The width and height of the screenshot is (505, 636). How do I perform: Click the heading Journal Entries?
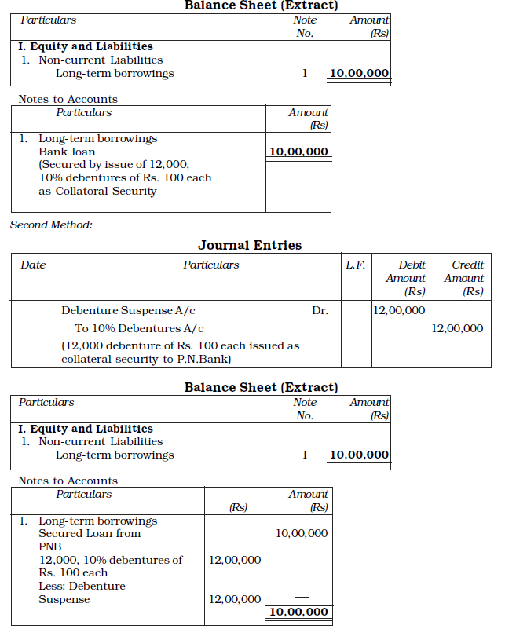(x=250, y=245)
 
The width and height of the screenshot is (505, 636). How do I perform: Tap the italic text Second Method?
(x=51, y=225)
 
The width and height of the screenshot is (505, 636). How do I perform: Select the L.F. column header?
(x=355, y=265)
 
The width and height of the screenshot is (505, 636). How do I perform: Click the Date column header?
(x=33, y=265)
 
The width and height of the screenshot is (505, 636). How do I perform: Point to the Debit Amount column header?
(x=405, y=278)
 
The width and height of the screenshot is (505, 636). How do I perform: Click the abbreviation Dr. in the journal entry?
(x=320, y=310)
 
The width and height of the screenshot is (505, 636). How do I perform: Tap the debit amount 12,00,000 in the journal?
(x=399, y=310)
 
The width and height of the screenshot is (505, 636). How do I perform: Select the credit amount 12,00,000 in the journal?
(x=457, y=328)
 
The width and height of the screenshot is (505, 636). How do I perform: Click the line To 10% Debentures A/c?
(x=139, y=328)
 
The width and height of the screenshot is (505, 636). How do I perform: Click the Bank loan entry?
(x=67, y=152)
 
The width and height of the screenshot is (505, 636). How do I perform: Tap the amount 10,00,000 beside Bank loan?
(x=298, y=152)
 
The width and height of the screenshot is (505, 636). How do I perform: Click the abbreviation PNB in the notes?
(x=49, y=546)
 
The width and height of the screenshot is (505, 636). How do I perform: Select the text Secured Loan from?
(x=90, y=533)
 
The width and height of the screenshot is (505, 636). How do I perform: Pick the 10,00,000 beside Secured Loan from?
(x=302, y=533)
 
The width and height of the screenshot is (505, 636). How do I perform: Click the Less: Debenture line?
(x=82, y=586)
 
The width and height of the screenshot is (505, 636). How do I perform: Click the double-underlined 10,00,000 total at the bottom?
(x=298, y=612)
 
